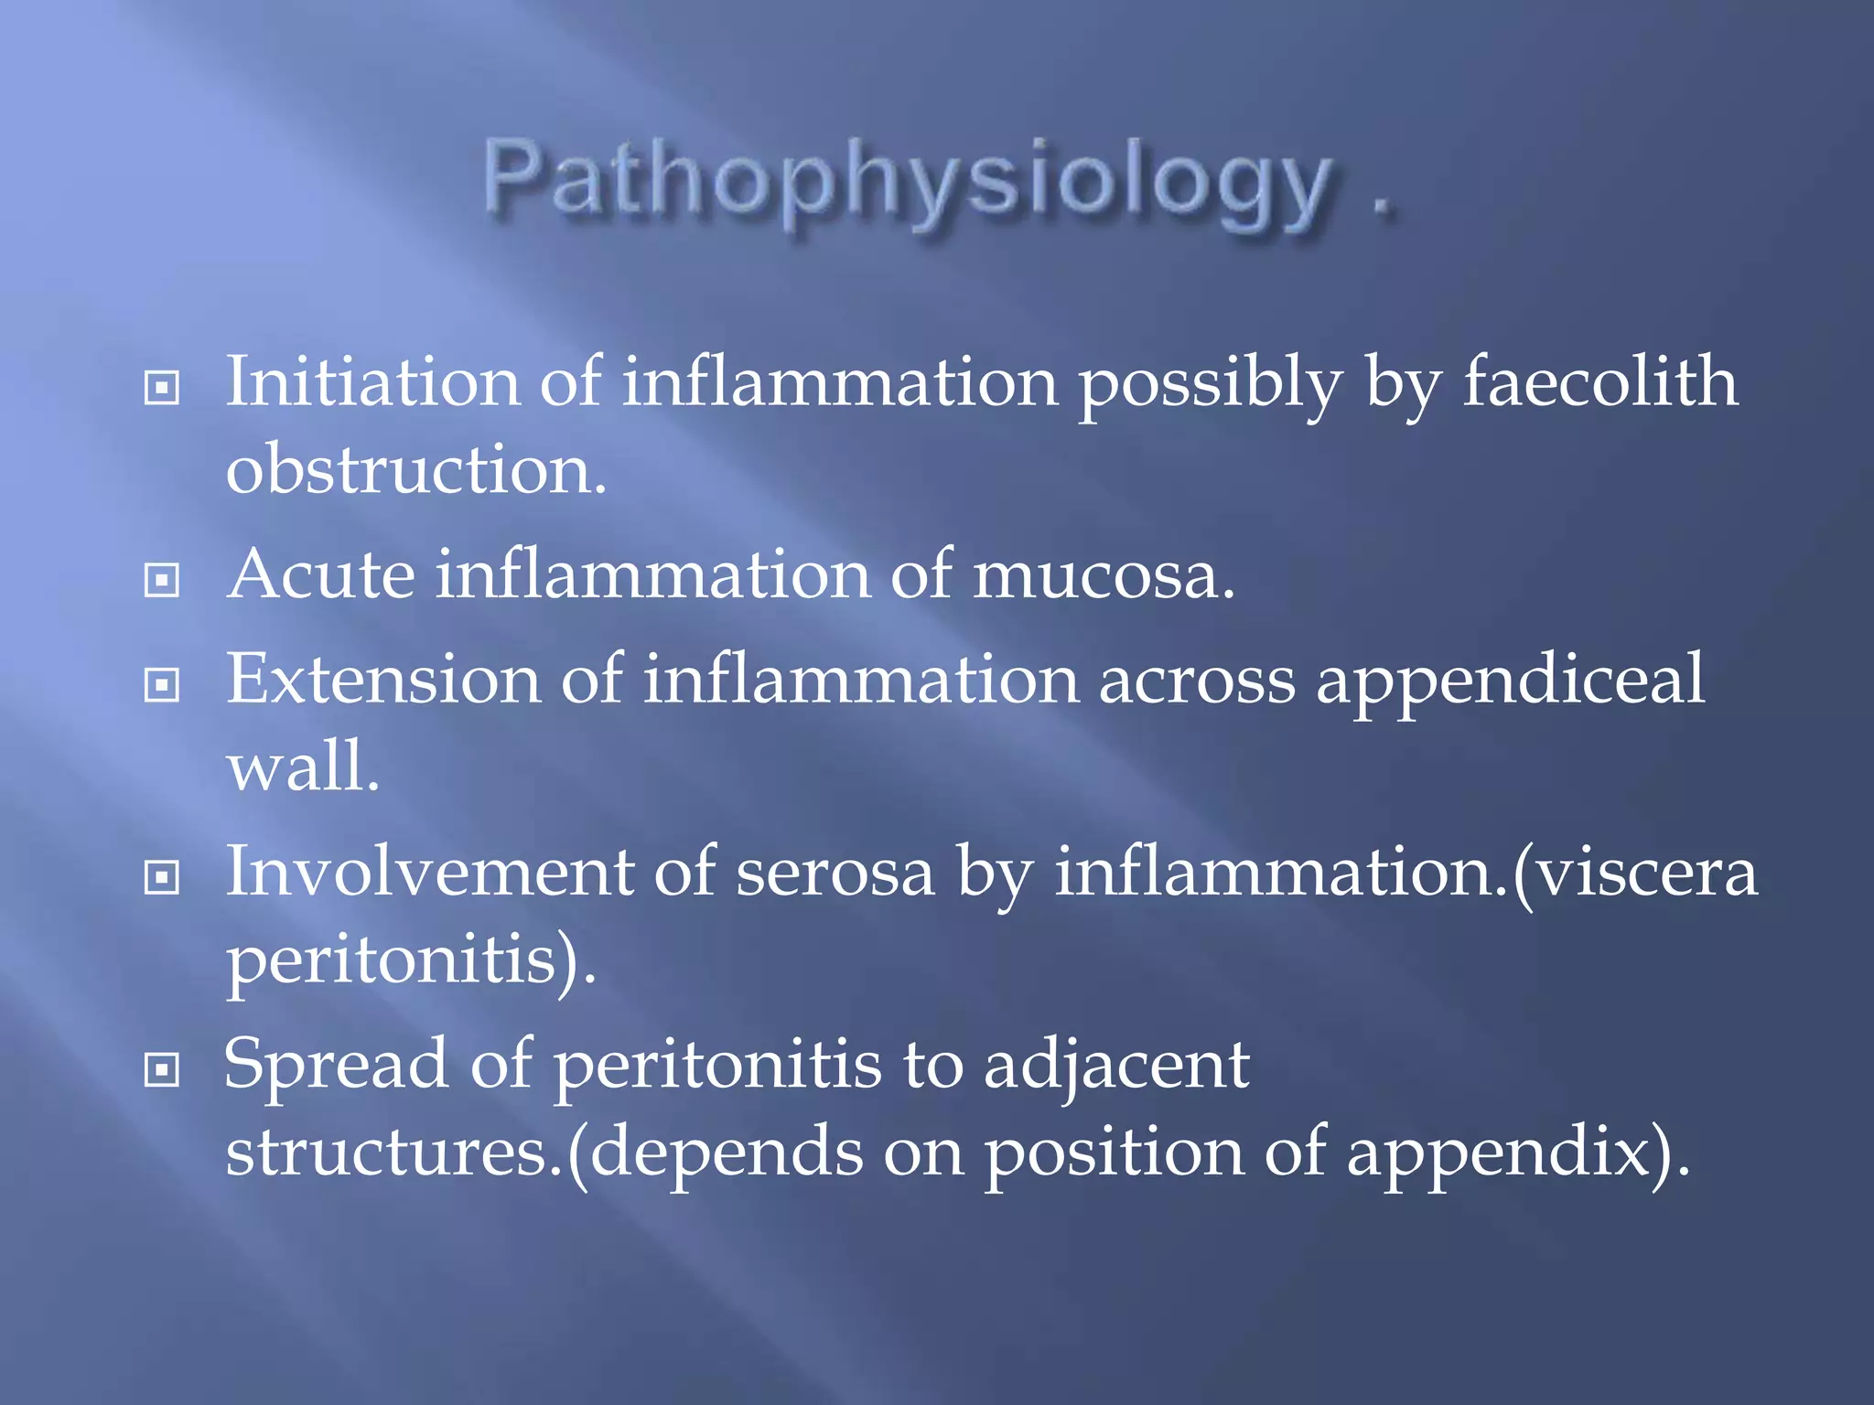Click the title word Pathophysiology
click(906, 181)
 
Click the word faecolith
click(1599, 382)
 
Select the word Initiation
click(372, 382)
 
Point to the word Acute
click(321, 575)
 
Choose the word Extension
click(383, 680)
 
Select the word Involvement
click(429, 872)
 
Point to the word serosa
click(835, 872)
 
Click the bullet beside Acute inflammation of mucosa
click(162, 580)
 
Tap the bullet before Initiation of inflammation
click(162, 388)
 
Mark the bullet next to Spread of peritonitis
click(162, 1069)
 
